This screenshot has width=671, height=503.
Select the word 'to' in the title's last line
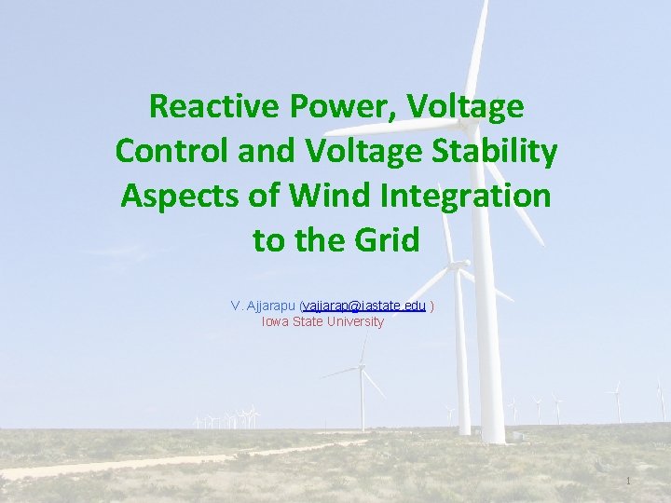268,240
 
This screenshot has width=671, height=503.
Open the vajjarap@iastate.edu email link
364,306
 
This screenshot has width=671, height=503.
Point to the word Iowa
275,321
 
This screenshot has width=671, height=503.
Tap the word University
354,321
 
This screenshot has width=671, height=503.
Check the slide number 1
629,481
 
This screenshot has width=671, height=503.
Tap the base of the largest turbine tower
493,437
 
